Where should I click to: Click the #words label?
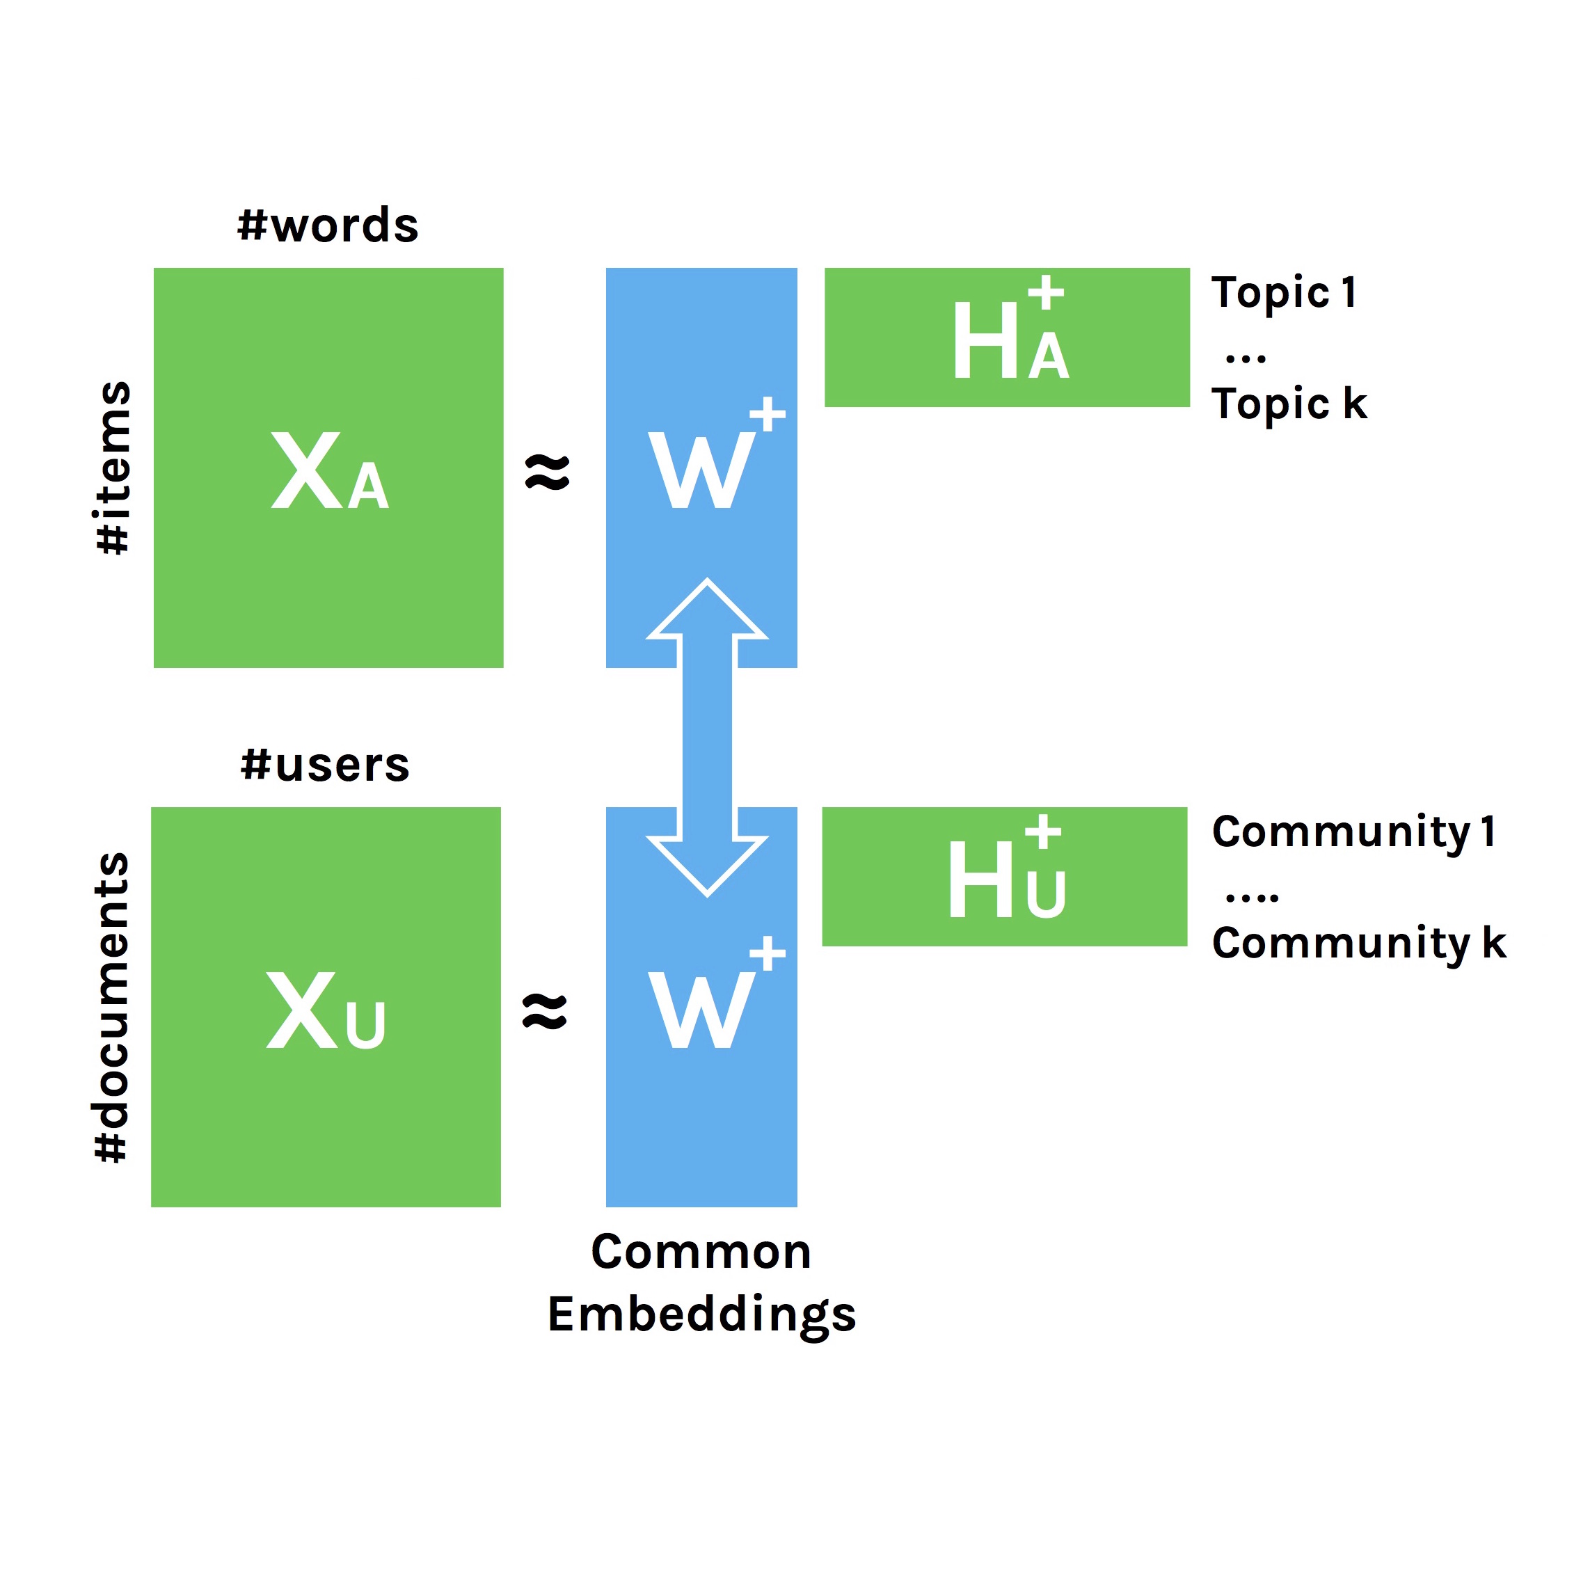pos(328,225)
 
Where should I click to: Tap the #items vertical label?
pos(113,468)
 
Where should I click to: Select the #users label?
pos(325,765)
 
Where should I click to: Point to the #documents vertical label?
pos(111,1007)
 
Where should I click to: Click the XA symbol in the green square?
pos(329,471)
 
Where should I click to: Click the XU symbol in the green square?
pos(325,1010)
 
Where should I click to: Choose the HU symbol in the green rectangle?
pos(1006,878)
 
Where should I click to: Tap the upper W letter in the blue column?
pos(701,470)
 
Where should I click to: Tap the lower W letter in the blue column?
pos(701,1010)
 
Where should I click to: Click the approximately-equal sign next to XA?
pos(548,472)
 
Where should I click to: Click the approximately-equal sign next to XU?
pos(544,1012)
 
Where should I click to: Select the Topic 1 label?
pos(1284,293)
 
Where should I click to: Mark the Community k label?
pos(1359,944)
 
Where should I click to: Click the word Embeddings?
pos(701,1314)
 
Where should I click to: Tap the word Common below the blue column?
pos(701,1253)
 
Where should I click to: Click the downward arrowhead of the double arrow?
pos(707,864)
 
